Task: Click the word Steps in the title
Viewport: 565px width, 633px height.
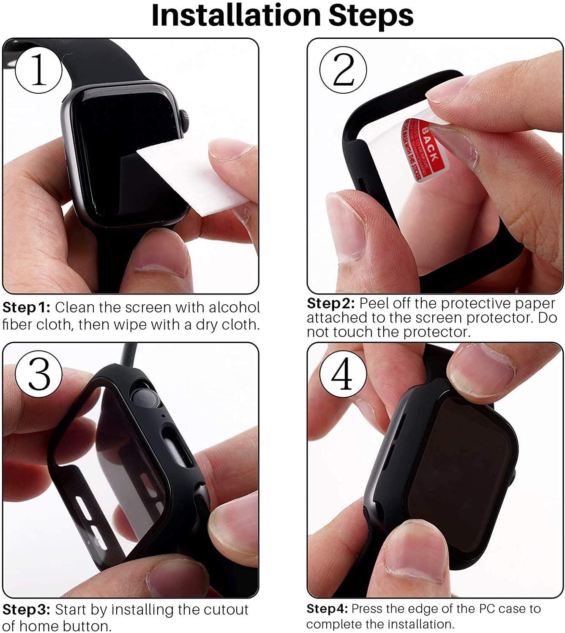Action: coord(371,16)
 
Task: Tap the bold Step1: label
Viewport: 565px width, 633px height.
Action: coord(26,307)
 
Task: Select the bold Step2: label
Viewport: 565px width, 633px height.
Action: coord(330,303)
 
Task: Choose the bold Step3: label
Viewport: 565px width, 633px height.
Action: coord(26,610)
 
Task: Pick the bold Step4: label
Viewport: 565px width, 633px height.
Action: coord(327,609)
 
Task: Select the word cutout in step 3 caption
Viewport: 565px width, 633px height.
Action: coord(226,610)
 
